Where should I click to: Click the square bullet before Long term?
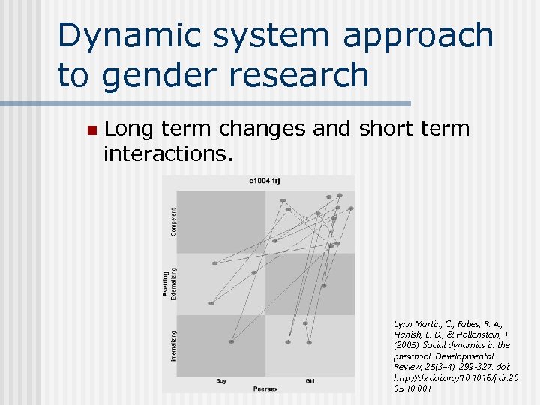[91, 130]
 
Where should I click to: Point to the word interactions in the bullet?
[169, 154]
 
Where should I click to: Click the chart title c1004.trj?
[265, 181]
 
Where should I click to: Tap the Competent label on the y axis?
[173, 222]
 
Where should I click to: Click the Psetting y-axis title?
[166, 283]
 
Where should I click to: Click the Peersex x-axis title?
[265, 389]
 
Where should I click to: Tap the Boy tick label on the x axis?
[221, 381]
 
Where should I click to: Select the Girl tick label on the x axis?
[310, 381]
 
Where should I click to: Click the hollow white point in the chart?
[304, 219]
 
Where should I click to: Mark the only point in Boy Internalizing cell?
[231, 342]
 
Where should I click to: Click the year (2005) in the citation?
[407, 345]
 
